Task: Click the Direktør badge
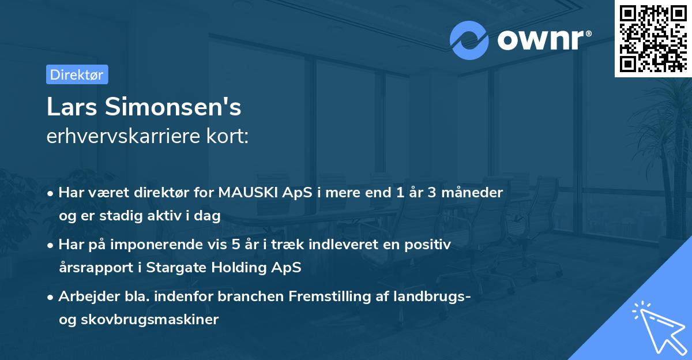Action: tap(77, 74)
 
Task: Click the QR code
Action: tap(652, 38)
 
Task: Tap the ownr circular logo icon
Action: tap(469, 40)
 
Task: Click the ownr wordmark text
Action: tap(544, 40)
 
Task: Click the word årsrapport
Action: tap(99, 268)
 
